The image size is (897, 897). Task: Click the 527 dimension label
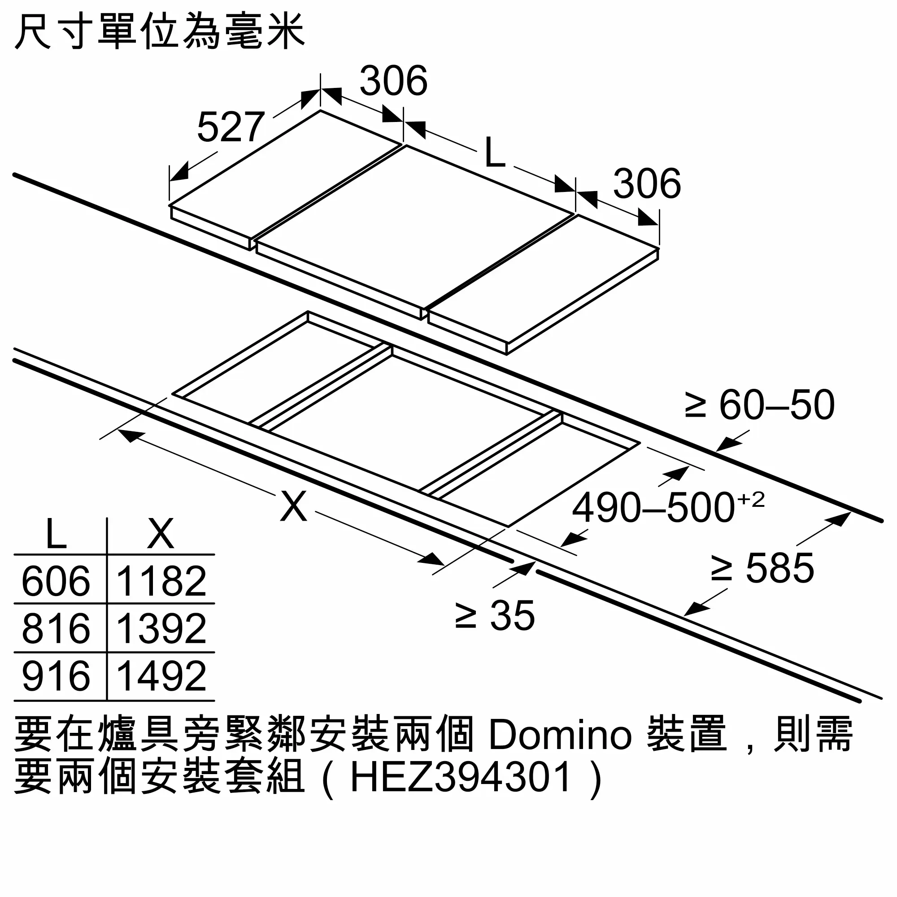(x=231, y=127)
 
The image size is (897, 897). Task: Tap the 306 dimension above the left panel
(x=394, y=81)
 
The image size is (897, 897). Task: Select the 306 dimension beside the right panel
(x=647, y=184)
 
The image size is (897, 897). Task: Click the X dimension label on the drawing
(x=294, y=506)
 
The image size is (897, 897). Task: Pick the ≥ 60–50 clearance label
(x=760, y=405)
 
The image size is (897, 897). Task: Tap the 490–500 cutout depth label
(x=654, y=509)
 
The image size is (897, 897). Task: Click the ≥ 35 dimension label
(x=495, y=616)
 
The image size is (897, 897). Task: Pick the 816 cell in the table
(x=56, y=629)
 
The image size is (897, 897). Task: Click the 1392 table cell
(x=161, y=629)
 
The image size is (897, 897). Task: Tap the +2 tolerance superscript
(x=751, y=500)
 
